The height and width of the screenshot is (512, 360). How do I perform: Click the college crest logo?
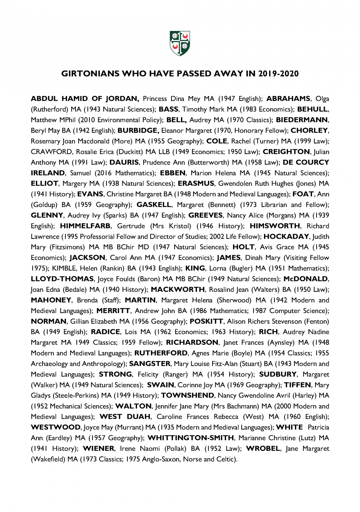[180, 43]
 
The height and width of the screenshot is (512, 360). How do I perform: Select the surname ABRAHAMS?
[288, 99]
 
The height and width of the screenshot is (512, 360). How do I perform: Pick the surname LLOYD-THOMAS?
[62, 279]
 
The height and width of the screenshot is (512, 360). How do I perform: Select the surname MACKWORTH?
[178, 289]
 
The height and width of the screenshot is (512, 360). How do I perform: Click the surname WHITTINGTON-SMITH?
[191, 438]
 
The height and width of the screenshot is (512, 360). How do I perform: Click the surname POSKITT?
[206, 321]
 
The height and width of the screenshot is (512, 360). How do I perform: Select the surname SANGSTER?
[150, 364]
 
